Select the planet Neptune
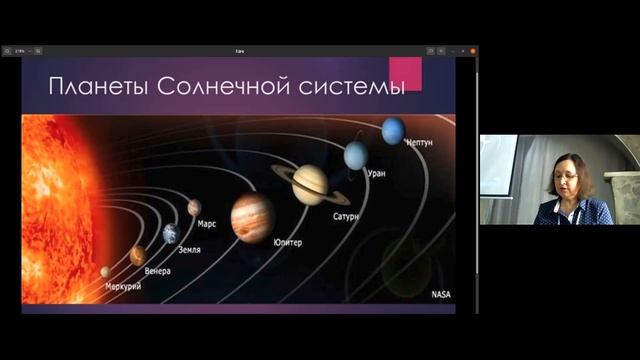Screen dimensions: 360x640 [393, 130]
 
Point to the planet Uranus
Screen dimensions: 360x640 [356, 155]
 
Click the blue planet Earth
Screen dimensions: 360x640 [170, 233]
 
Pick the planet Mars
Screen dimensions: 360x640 [194, 207]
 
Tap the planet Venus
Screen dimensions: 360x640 [137, 256]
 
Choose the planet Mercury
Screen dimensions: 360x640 [105, 271]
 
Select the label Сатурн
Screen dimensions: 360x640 [346, 215]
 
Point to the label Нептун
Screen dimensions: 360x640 [419, 144]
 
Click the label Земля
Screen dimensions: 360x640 [190, 248]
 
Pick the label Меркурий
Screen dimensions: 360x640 [123, 287]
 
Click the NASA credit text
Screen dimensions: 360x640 [441, 295]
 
